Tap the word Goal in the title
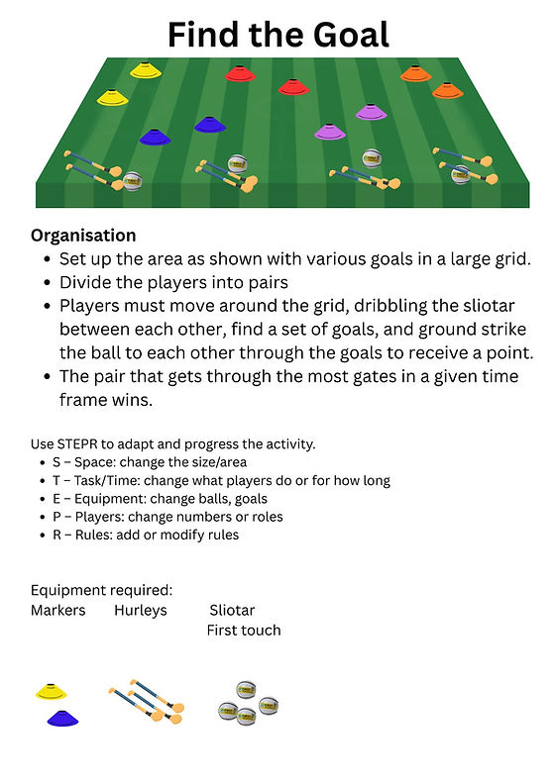(x=351, y=35)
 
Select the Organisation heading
(x=83, y=236)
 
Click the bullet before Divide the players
(x=47, y=283)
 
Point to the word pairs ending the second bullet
(x=266, y=283)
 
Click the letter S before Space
(x=56, y=462)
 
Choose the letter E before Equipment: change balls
(x=56, y=498)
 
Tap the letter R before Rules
(x=57, y=535)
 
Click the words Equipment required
(x=101, y=590)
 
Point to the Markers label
(x=58, y=610)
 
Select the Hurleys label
(x=141, y=611)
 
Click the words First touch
(x=244, y=631)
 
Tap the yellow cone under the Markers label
(x=51, y=692)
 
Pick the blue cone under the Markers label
(x=62, y=718)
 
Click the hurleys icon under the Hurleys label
(x=147, y=701)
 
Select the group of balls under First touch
(x=248, y=703)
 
